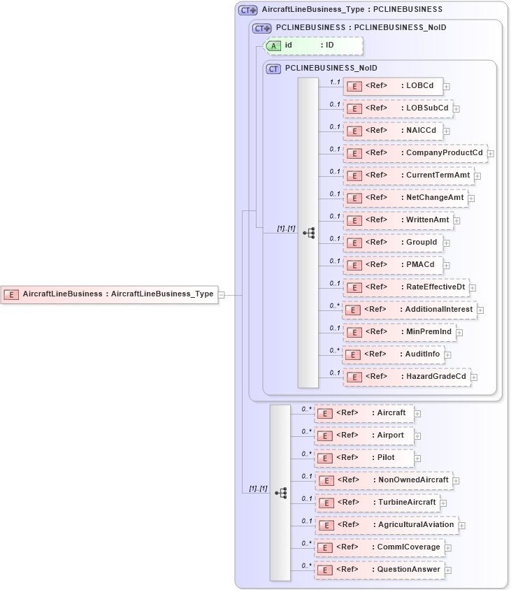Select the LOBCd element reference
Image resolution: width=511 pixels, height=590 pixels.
tap(393, 86)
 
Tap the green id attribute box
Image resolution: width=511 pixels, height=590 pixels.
tap(312, 45)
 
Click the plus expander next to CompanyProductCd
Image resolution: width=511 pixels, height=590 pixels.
tap(491, 153)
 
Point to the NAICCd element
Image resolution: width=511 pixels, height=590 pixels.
tap(393, 131)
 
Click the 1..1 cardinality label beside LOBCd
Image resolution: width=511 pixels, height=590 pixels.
tap(335, 82)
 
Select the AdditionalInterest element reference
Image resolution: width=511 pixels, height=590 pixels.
tap(410, 309)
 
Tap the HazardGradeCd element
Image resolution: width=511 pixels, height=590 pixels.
tap(406, 377)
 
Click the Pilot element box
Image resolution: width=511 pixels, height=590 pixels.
tap(364, 458)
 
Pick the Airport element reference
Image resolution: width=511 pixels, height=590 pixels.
tap(364, 436)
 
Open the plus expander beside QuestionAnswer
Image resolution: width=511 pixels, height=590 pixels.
tap(448, 570)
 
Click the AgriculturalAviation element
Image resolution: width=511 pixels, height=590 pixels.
tap(386, 524)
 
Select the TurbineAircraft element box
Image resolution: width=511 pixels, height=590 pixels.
tap(377, 503)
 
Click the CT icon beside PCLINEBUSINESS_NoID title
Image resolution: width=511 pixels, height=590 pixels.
tap(274, 69)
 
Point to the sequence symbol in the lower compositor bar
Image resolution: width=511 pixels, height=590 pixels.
tap(280, 493)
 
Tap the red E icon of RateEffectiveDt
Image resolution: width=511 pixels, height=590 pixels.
tap(354, 287)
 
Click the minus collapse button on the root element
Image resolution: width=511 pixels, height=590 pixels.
tap(221, 294)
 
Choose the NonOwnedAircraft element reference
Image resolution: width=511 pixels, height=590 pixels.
tap(383, 480)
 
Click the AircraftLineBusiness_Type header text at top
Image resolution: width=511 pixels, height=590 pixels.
tap(352, 10)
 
